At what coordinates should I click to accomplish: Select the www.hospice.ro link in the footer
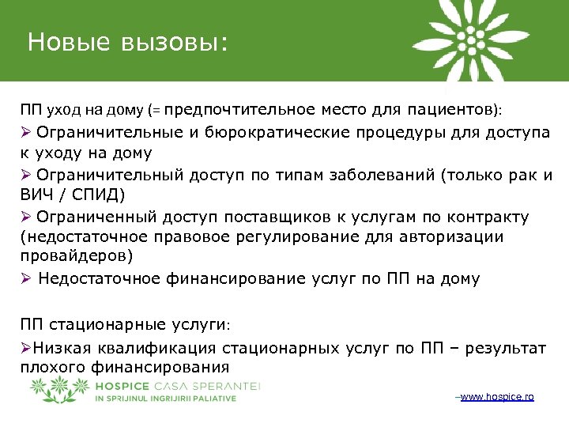pos(496,396)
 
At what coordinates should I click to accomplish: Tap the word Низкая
pos(58,348)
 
